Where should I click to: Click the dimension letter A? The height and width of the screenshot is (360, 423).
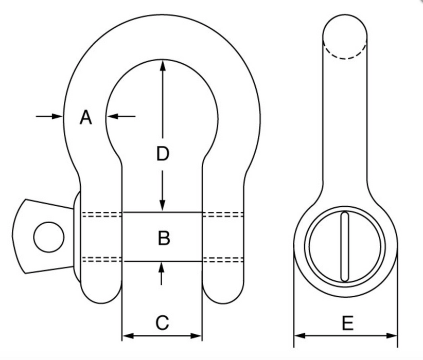(86, 117)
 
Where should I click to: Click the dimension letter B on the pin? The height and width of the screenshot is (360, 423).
(164, 238)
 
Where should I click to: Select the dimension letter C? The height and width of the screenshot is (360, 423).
(162, 322)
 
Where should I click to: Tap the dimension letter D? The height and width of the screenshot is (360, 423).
(163, 154)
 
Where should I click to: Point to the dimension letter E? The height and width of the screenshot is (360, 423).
(348, 323)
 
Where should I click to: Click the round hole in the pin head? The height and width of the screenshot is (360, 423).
(49, 237)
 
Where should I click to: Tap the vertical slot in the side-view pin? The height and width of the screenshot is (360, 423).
(345, 247)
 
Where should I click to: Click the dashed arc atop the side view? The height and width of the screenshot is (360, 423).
(345, 51)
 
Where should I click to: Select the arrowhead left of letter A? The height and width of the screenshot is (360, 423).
(57, 116)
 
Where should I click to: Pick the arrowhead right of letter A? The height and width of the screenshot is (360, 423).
(113, 116)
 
